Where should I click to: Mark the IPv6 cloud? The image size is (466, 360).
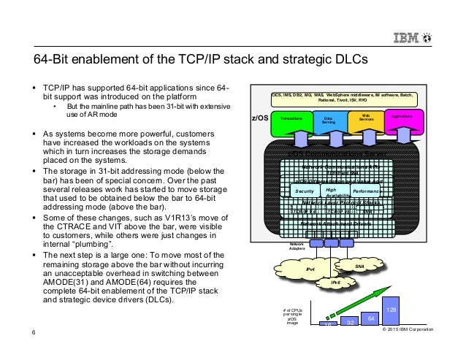(x=336, y=281)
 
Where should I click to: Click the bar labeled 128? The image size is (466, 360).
(x=391, y=310)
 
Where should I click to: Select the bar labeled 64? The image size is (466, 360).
(x=370, y=318)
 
